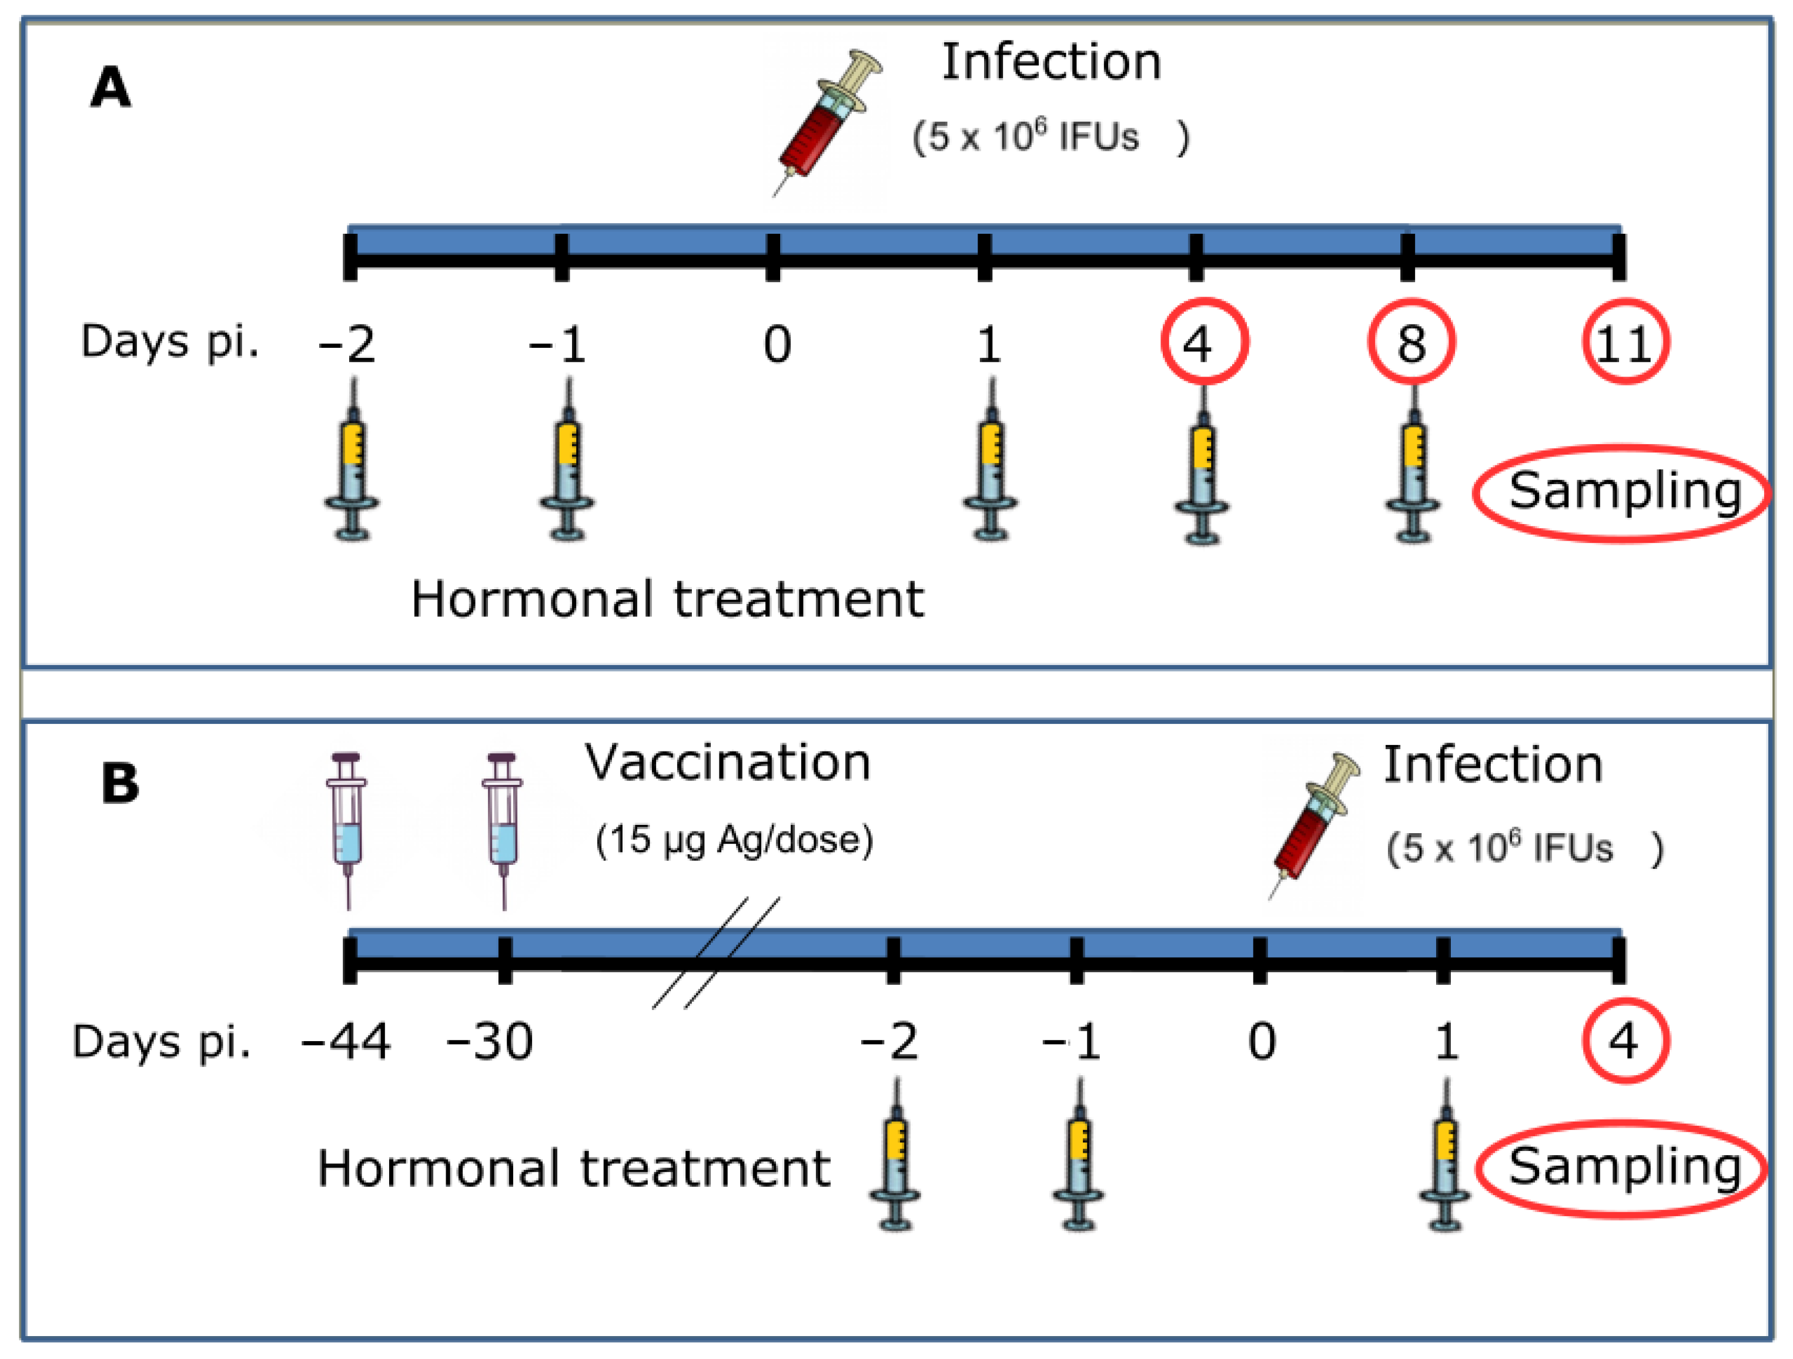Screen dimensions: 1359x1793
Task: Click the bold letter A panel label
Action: tap(111, 87)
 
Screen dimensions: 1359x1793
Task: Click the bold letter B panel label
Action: tap(120, 784)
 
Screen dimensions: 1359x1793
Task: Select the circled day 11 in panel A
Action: tap(1624, 342)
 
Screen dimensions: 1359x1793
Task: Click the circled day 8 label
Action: tap(1411, 342)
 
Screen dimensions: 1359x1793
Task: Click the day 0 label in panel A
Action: tap(777, 344)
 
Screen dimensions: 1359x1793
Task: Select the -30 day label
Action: tap(490, 1041)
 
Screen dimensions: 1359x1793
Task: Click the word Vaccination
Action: tap(727, 763)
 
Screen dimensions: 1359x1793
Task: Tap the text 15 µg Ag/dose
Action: tap(734, 840)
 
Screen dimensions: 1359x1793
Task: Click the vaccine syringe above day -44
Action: tap(347, 827)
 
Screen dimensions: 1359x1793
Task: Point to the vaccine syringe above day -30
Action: tap(503, 827)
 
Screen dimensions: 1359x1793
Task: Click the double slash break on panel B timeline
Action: tap(717, 952)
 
